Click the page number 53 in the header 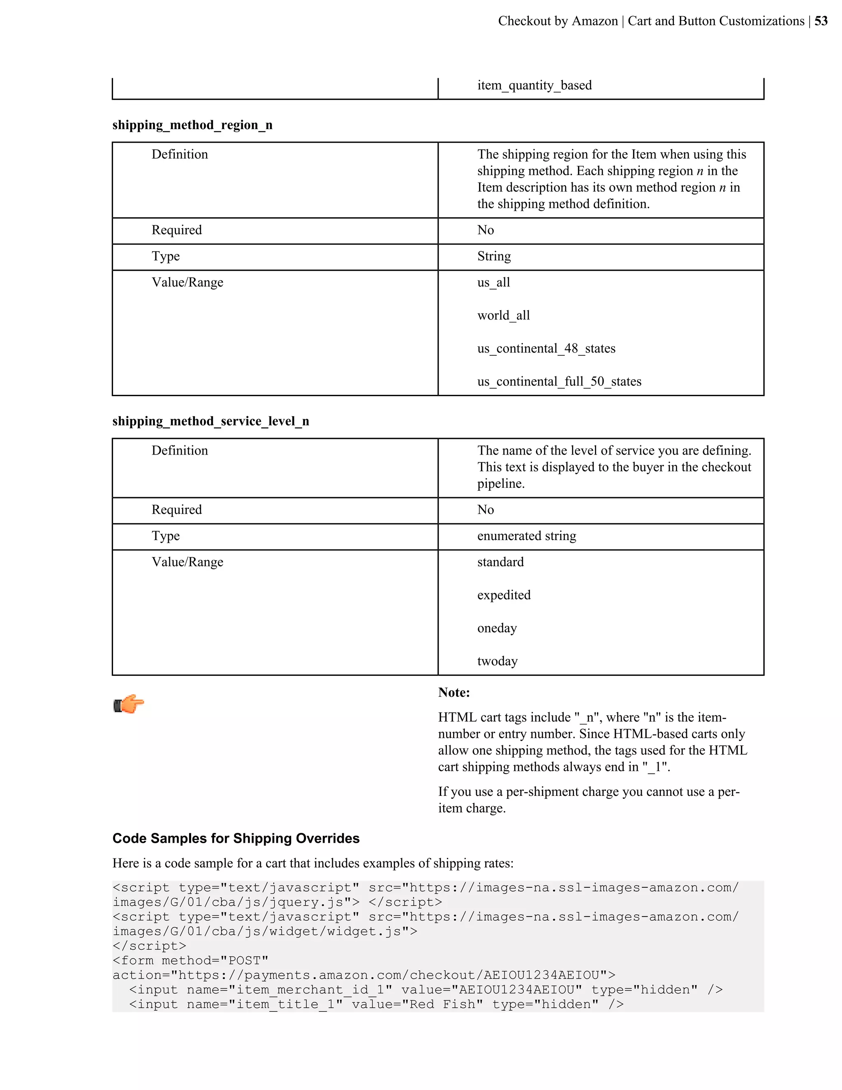coord(821,21)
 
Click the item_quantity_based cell coord(534,85)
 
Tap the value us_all coord(493,283)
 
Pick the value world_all coord(503,315)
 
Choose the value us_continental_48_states coord(546,348)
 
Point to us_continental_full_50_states coord(559,381)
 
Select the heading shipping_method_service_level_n coord(210,421)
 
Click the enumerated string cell coord(526,536)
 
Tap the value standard coord(500,562)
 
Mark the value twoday coord(497,661)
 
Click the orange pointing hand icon coord(129,704)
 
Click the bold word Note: coord(454,693)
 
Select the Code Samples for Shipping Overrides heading coord(236,838)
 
